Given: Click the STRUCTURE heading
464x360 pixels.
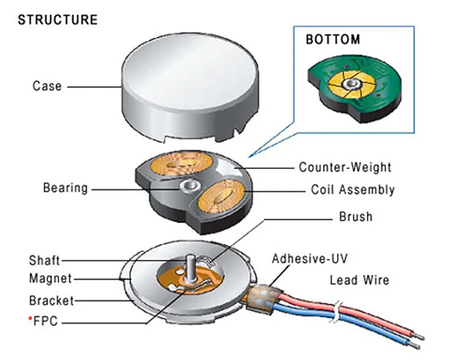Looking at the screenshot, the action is pos(57,20).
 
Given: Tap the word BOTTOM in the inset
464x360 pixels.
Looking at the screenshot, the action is pos(333,39).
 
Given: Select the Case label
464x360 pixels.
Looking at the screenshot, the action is pos(47,86).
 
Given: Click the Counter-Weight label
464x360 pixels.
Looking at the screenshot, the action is pos(345,167).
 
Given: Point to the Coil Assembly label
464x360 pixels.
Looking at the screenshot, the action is pos(353,190).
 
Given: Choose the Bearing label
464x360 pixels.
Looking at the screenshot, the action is pos(66,188).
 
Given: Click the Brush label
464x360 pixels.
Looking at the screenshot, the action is pos(356,217).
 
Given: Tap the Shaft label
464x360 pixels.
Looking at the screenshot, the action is pos(45,261).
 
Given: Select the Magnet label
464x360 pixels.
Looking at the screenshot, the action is pos(50,279).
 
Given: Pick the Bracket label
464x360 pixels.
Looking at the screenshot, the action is pos(52,300).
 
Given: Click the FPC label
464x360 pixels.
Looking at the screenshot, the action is pos(46,321).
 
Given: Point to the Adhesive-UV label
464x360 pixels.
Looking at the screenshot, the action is pos(310,259).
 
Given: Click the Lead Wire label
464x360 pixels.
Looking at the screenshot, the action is pos(360,280).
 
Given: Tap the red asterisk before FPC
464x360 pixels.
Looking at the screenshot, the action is pos(30,318).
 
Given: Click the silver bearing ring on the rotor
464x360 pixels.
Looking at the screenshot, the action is pos(190,186).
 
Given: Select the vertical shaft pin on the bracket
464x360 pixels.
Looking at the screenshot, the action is pos(189,268).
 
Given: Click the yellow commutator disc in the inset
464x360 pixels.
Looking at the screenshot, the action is pos(351,84).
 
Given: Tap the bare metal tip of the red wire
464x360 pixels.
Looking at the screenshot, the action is pos(419,337).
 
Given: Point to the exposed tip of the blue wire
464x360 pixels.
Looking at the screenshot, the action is pos(414,345).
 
